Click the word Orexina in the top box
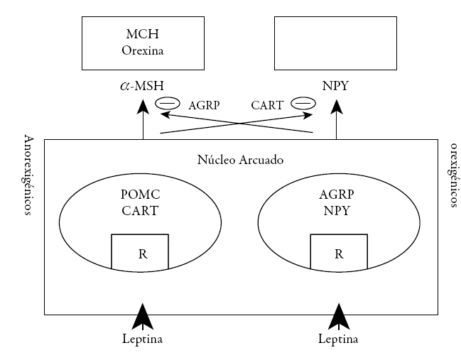[x=143, y=50]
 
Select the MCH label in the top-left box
[x=143, y=34]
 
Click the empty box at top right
[x=335, y=42]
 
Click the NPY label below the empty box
[x=335, y=87]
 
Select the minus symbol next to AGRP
[x=168, y=104]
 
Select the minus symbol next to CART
[x=303, y=104]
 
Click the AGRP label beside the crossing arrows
[x=204, y=105]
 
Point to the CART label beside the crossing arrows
[x=267, y=105]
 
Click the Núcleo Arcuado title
[x=240, y=160]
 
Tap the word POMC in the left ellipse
[x=140, y=195]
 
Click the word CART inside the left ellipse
[x=140, y=210]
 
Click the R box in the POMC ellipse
[x=140, y=252]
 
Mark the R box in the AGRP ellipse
[x=339, y=252]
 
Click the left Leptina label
[x=143, y=339]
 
